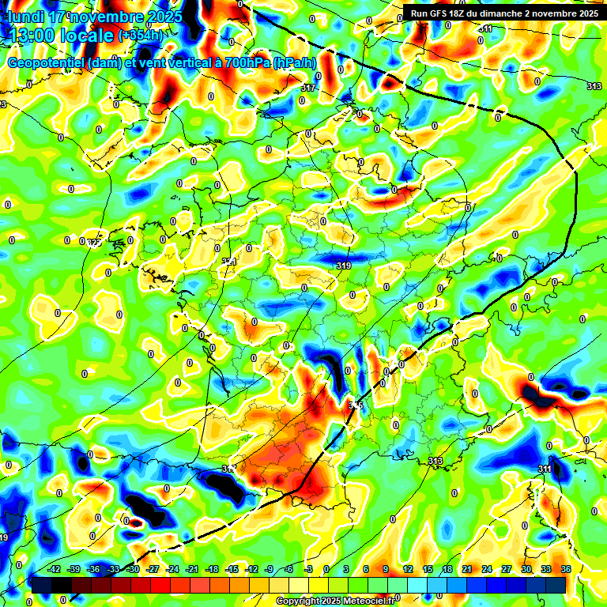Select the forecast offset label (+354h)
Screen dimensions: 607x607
[x=142, y=36]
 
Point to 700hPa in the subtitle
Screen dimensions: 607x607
[x=242, y=63]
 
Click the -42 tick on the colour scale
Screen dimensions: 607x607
[x=55, y=569]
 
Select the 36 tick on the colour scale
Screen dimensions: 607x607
[x=566, y=569]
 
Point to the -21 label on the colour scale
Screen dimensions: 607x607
[x=192, y=569]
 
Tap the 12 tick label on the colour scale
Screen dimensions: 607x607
[x=408, y=569]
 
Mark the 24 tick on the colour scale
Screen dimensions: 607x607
[x=487, y=569]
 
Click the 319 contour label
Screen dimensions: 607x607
[x=343, y=266]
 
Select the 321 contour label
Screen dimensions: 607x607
[x=228, y=262]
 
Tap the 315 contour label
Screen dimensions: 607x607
[x=356, y=405]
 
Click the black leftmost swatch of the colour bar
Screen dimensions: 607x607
[x=41, y=585]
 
